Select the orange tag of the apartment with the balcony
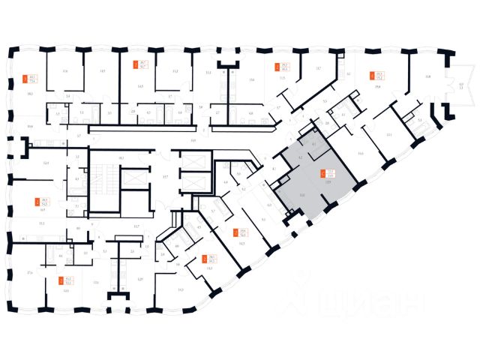click(371, 74)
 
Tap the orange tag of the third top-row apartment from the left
click(277, 66)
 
